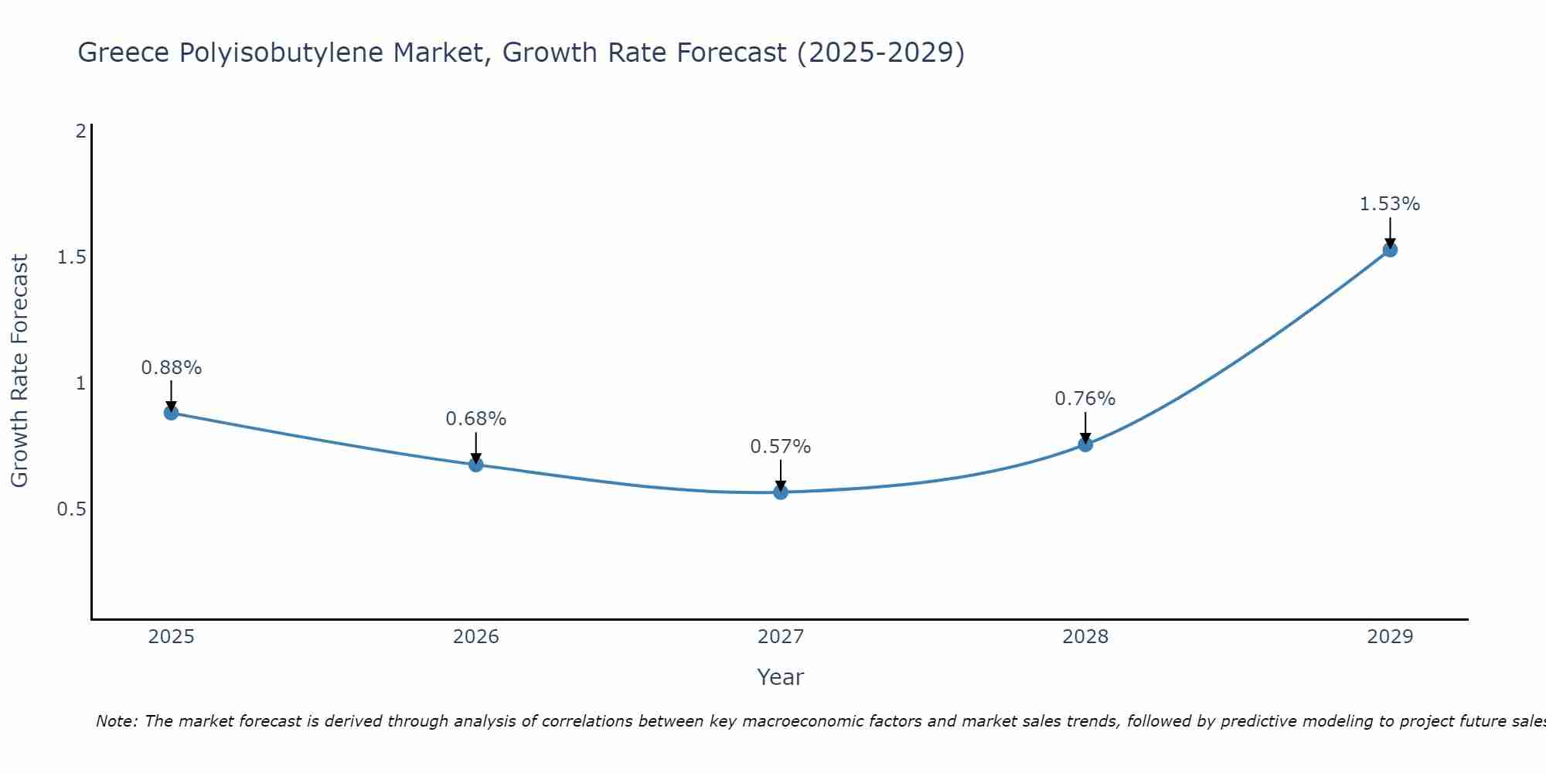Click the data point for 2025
click(x=172, y=413)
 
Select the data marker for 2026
click(x=476, y=465)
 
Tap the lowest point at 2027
click(x=781, y=492)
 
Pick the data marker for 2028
click(x=1085, y=444)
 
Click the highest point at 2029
click(x=1390, y=250)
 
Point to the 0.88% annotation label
click(x=172, y=368)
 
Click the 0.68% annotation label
click(x=476, y=419)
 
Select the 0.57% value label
click(x=781, y=447)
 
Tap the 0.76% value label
click(x=1085, y=399)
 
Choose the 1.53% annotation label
click(x=1390, y=204)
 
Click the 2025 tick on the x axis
click(x=172, y=637)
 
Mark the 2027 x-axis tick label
click(x=781, y=637)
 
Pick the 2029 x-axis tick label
click(x=1390, y=637)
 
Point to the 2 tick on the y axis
click(x=80, y=131)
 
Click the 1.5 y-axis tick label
click(x=72, y=257)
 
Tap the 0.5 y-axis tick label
click(x=72, y=509)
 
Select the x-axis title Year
click(x=781, y=677)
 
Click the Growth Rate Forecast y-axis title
click(x=19, y=371)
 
